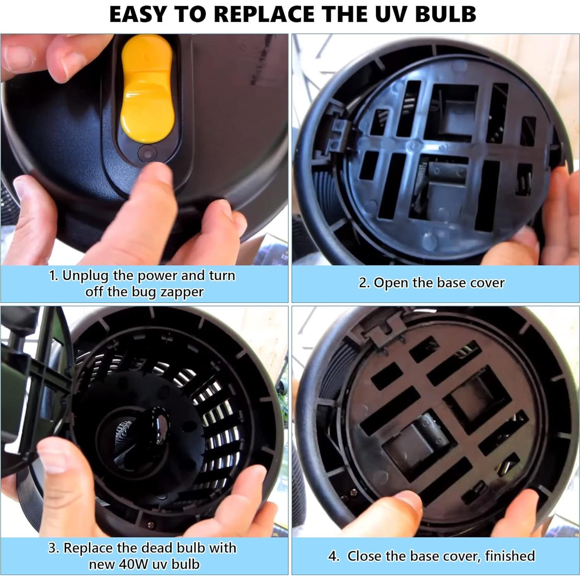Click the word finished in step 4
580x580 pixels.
509,556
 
